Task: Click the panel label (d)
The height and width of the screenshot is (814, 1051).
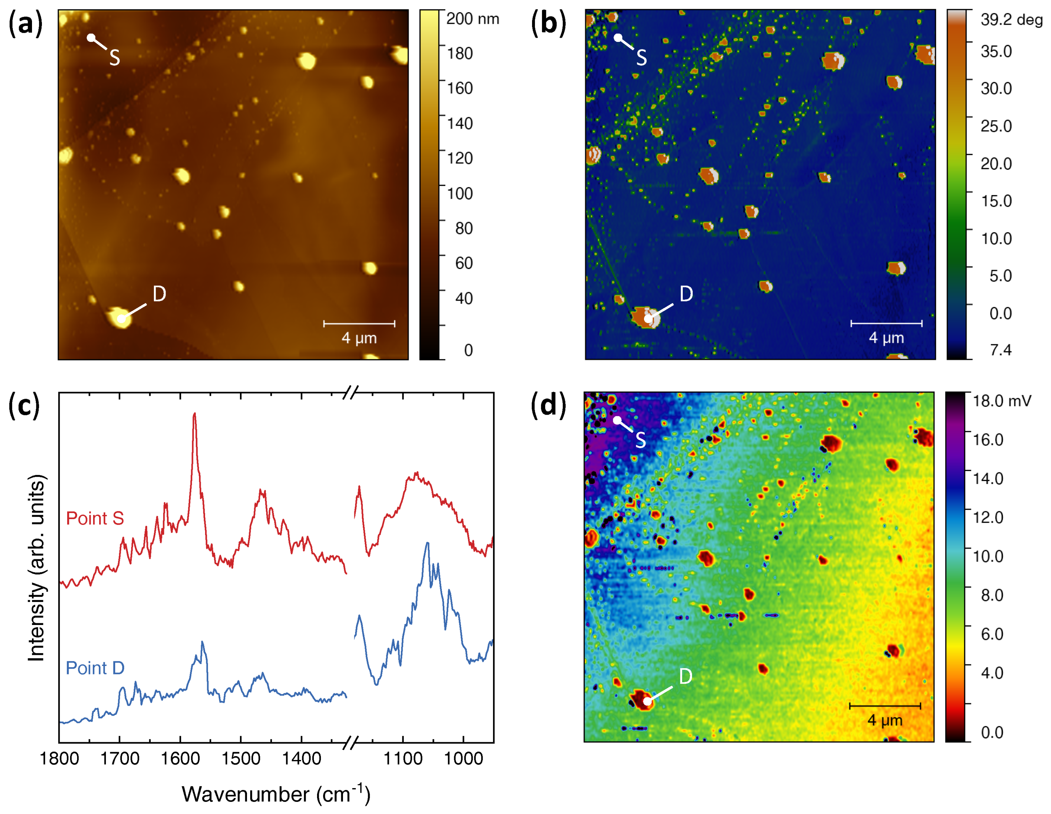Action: (x=548, y=405)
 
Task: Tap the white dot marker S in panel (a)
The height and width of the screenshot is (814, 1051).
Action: (x=91, y=38)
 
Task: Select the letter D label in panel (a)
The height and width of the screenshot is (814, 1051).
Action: (x=159, y=294)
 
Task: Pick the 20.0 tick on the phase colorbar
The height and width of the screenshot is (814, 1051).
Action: (x=996, y=163)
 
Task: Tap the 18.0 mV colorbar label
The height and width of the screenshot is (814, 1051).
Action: (x=1002, y=401)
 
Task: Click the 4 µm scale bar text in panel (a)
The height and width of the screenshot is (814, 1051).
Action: (x=359, y=338)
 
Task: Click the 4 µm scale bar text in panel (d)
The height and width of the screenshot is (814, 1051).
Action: (x=885, y=721)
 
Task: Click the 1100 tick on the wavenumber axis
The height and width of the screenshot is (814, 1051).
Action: (x=403, y=759)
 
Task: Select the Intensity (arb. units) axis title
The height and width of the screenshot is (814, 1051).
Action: (x=37, y=568)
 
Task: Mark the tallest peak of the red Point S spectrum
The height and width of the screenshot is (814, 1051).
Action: (x=194, y=414)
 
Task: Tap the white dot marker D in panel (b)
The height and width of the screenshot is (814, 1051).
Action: (x=648, y=318)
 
